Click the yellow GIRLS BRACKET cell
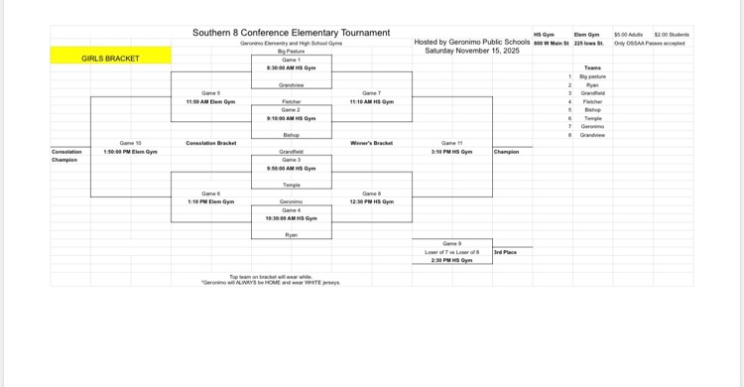coord(110,59)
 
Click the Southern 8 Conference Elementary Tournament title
coord(291,34)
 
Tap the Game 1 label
coord(291,60)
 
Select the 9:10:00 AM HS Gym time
coord(291,118)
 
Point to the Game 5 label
coord(210,92)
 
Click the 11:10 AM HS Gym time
coord(371,101)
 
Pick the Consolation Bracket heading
coord(210,143)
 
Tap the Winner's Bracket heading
coord(371,143)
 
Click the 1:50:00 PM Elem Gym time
coord(130,152)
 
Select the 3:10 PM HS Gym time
coord(451,152)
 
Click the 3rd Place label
coord(505,252)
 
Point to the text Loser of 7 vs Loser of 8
coord(451,252)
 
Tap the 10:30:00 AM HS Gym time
coord(291,218)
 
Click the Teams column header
coord(592,67)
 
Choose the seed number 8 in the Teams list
coord(569,135)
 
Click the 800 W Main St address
coord(552,43)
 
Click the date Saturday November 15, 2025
coord(471,51)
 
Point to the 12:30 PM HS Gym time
coord(371,201)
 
